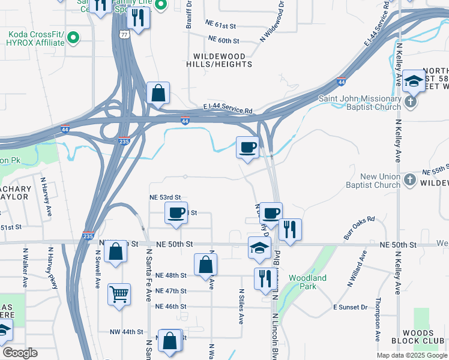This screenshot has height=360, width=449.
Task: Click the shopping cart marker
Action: click(x=119, y=295)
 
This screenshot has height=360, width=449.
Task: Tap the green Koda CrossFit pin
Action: click(x=73, y=38)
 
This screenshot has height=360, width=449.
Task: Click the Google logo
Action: click(x=20, y=353)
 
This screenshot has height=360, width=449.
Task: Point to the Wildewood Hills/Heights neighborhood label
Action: click(x=218, y=60)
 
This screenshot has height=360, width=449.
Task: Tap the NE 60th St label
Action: click(x=223, y=40)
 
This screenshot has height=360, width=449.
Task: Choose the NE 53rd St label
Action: click(x=165, y=197)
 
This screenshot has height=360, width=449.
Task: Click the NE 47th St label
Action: click(x=170, y=291)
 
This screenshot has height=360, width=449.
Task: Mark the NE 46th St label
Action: click(x=170, y=307)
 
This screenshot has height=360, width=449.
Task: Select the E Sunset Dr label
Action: click(x=350, y=307)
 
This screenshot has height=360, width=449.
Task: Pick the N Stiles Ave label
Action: click(x=240, y=306)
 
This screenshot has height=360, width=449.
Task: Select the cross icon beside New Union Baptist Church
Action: click(x=409, y=179)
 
